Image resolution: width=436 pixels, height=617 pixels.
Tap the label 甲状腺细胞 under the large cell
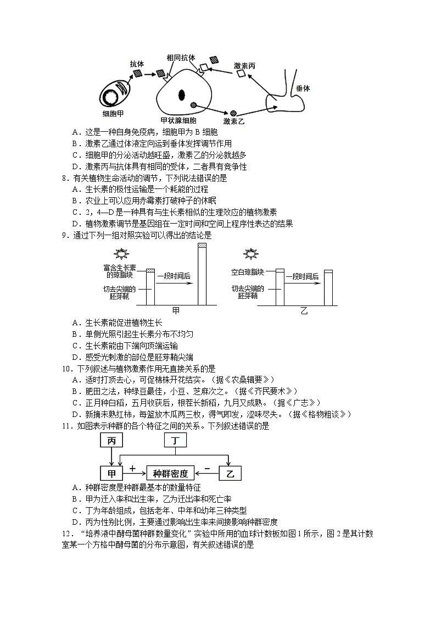click(178, 120)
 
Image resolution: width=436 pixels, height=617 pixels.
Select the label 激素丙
click(245, 65)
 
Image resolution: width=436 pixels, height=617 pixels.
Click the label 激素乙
click(233, 121)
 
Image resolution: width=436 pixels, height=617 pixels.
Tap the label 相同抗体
click(181, 57)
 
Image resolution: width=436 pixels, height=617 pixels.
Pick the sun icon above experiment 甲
click(120, 253)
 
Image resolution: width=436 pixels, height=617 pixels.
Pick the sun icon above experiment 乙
click(251, 253)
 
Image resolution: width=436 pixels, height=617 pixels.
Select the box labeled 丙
click(111, 441)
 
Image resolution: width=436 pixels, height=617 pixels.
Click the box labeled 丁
click(175, 441)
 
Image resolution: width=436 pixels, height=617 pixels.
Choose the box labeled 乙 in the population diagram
click(230, 473)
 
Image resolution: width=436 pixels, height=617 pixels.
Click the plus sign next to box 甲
click(132, 468)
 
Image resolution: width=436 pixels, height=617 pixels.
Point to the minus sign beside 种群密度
click(207, 468)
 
